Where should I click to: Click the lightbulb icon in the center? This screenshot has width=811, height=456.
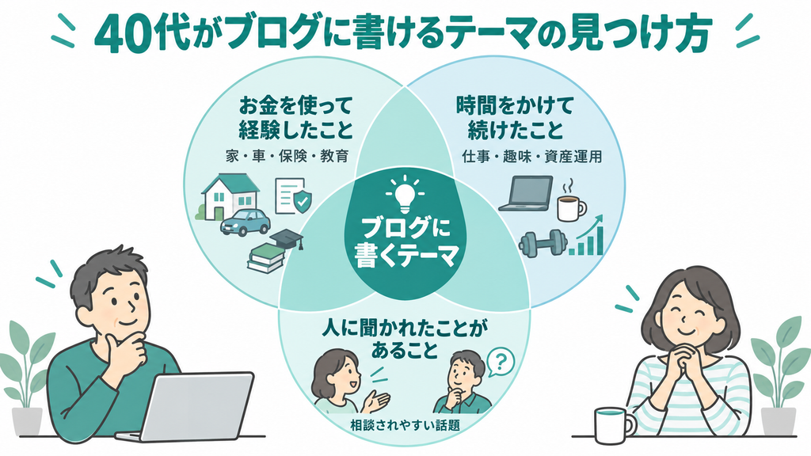(x=405, y=195)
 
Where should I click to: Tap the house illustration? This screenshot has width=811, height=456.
(x=227, y=196)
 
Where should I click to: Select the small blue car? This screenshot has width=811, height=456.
(x=246, y=222)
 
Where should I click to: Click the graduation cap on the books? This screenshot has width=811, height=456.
(x=287, y=239)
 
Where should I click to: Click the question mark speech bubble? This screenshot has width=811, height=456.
(x=501, y=362)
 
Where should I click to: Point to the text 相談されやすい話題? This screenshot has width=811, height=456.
(x=405, y=425)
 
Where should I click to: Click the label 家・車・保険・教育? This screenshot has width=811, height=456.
(x=287, y=156)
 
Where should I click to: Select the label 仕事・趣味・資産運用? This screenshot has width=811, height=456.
(x=532, y=156)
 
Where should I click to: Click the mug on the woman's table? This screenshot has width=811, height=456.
(x=615, y=425)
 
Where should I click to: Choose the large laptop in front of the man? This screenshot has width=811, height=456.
(x=188, y=406)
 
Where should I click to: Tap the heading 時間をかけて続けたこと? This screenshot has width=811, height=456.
(x=515, y=118)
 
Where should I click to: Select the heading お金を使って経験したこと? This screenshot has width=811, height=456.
(x=295, y=118)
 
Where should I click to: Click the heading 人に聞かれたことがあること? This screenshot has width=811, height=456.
(x=405, y=340)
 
